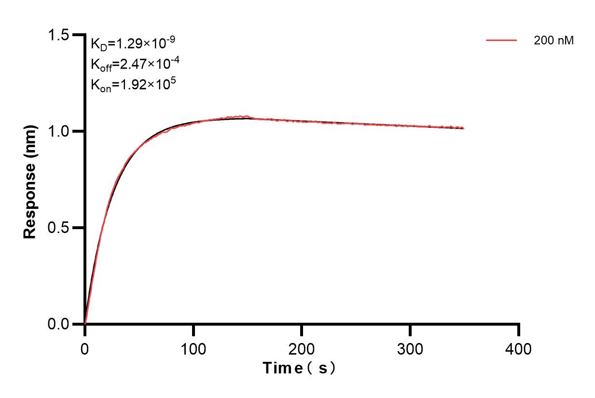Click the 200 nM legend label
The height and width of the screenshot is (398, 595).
tap(553, 41)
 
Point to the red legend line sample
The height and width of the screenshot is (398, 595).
tap(501, 41)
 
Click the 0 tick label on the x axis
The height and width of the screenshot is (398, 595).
tap(85, 348)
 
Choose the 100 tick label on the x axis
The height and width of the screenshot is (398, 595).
tap(193, 348)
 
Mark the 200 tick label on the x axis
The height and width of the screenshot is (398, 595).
tap(302, 348)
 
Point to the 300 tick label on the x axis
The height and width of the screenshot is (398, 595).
tap(410, 348)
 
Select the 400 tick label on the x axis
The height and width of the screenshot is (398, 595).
tap(519, 348)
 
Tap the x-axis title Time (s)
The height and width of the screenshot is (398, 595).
tap(299, 369)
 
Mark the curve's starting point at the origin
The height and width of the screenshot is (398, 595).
tap(85, 323)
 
